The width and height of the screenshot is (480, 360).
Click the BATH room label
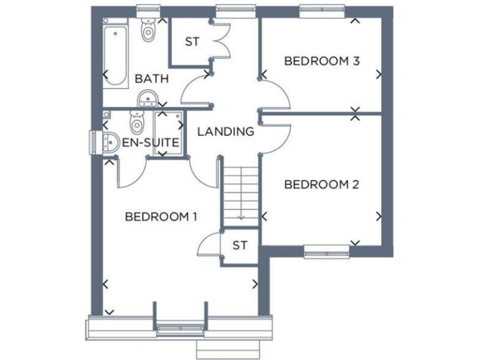[x=152, y=79]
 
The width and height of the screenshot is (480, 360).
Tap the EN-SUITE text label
[x=151, y=143]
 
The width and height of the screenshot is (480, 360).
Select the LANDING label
[x=226, y=131]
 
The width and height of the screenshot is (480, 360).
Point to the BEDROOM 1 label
[x=161, y=217]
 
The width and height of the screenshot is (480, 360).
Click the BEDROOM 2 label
[x=322, y=184]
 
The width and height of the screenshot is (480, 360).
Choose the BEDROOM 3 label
[x=322, y=61]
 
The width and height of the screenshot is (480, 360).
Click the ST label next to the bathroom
[x=191, y=42]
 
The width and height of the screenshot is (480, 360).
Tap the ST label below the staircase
[x=240, y=245]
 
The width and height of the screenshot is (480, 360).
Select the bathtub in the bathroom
[x=115, y=53]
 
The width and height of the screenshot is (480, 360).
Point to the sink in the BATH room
[x=147, y=97]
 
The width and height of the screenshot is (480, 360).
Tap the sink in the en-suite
[x=110, y=142]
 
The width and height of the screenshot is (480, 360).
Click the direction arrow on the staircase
[x=241, y=216]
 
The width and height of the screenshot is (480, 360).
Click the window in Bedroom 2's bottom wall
[x=326, y=253]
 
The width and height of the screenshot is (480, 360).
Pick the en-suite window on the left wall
[x=94, y=141]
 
